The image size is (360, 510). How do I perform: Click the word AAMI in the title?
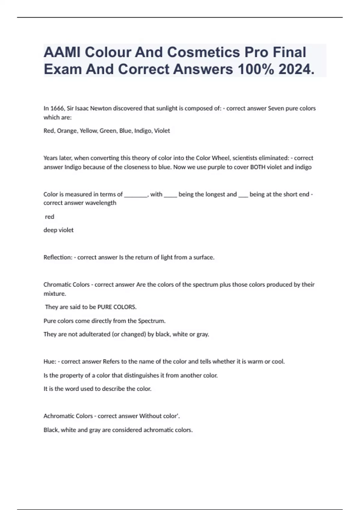(61, 52)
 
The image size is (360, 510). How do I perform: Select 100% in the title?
(255, 69)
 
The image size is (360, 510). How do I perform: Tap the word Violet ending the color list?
(162, 131)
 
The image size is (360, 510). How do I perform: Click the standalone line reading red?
(49, 217)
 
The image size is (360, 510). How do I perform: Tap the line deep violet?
(58, 230)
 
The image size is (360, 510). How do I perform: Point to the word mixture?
(55, 294)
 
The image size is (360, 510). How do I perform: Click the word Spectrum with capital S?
(151, 321)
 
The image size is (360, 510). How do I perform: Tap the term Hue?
(50, 361)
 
